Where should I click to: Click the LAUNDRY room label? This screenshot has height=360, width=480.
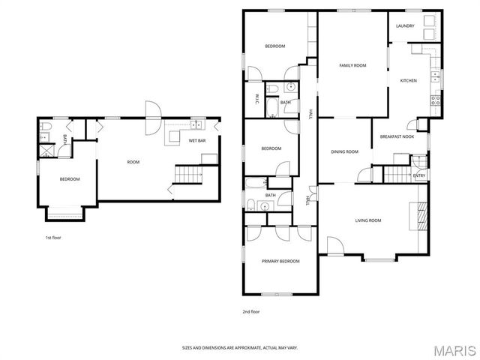tap(405, 26)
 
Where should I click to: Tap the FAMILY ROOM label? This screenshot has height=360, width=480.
tap(352, 66)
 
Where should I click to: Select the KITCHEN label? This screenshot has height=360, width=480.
tap(408, 80)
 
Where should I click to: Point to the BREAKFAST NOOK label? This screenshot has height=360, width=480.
tap(397, 136)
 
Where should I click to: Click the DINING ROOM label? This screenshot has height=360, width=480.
tap(344, 152)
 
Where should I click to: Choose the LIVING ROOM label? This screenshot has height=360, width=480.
tap(367, 220)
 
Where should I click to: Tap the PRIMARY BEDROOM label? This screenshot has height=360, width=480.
tap(280, 261)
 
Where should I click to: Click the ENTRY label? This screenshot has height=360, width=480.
tap(418, 176)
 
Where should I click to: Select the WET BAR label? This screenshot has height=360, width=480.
tap(197, 140)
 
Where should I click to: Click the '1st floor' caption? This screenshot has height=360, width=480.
tap(53, 237)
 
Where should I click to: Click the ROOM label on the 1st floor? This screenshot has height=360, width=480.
tap(133, 162)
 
